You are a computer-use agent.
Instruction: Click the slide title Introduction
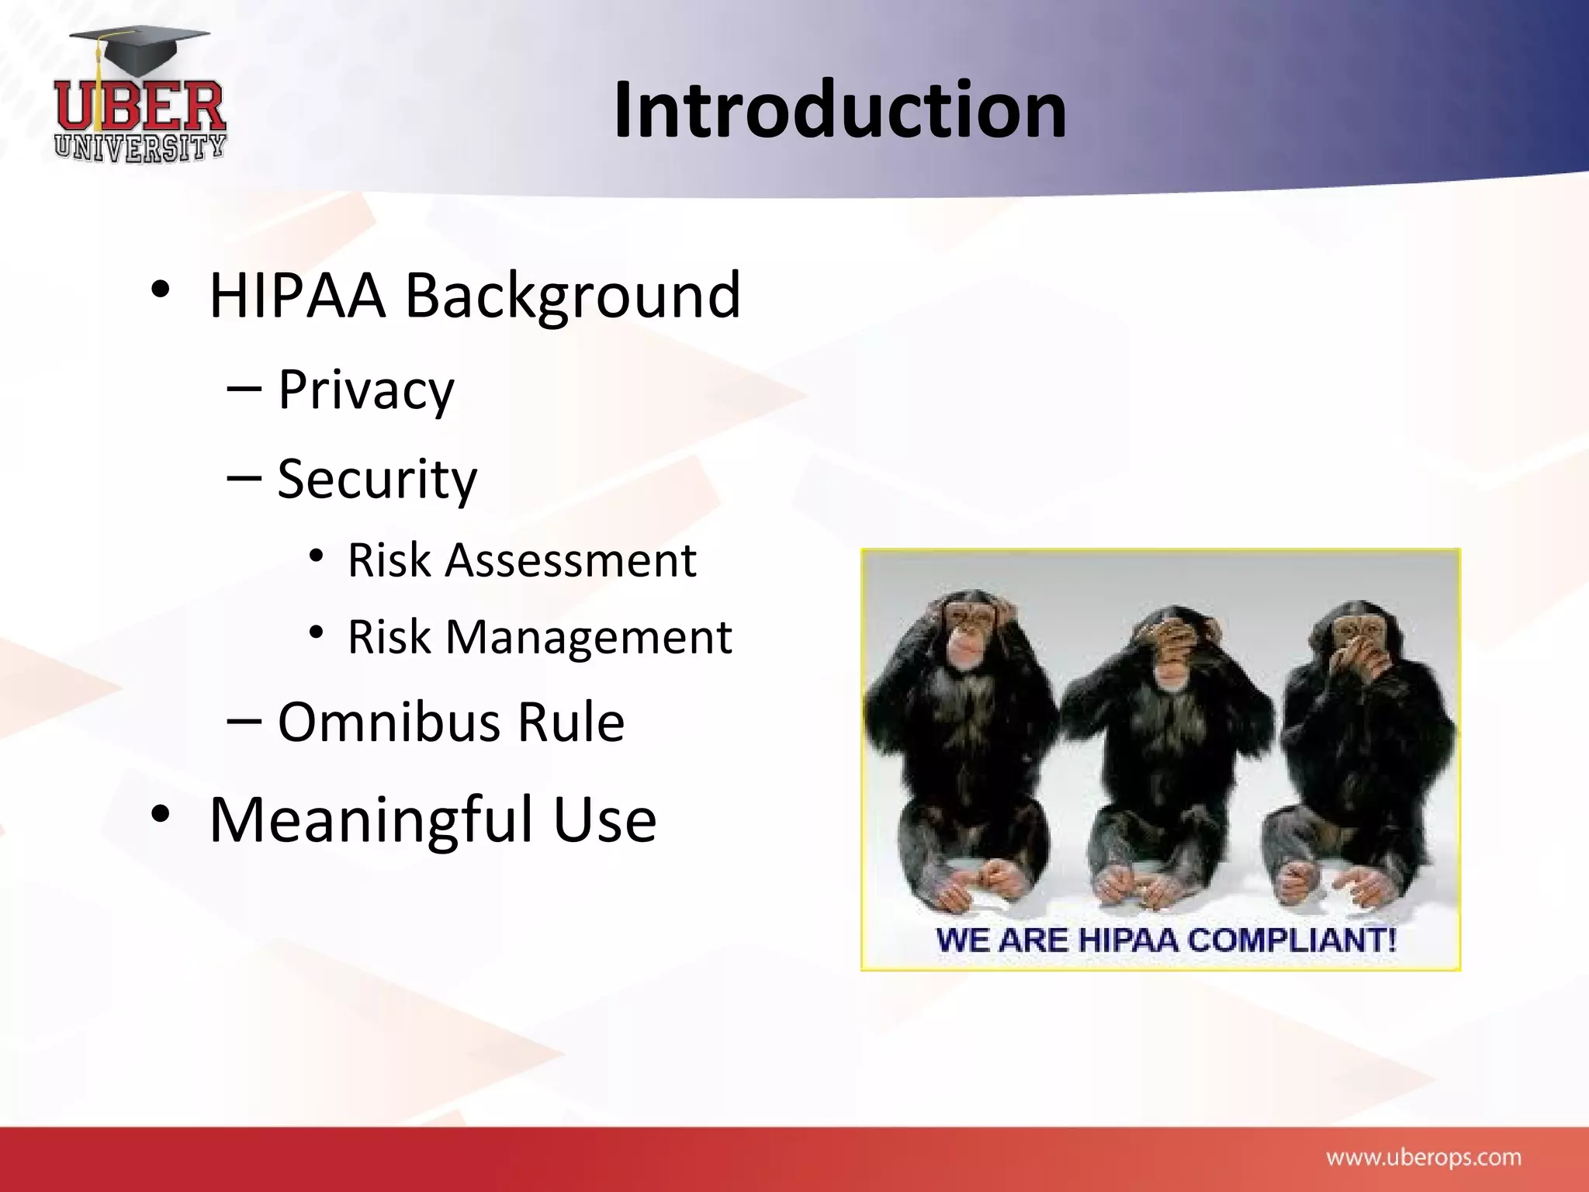pos(840,110)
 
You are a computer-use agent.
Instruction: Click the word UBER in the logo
pos(140,107)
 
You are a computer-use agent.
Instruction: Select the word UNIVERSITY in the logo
pos(140,147)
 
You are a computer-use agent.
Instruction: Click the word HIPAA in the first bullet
pos(297,296)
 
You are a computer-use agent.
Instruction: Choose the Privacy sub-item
pos(365,390)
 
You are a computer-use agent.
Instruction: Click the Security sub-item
pos(377,480)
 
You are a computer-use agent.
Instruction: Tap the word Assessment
pos(570,560)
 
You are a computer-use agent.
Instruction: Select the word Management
pos(588,638)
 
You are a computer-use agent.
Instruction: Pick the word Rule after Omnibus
pos(571,722)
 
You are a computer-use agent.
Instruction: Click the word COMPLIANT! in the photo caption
pos(1292,940)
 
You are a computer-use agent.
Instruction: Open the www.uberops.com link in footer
pos(1423,1158)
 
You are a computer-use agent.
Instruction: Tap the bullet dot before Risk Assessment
pos(316,556)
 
